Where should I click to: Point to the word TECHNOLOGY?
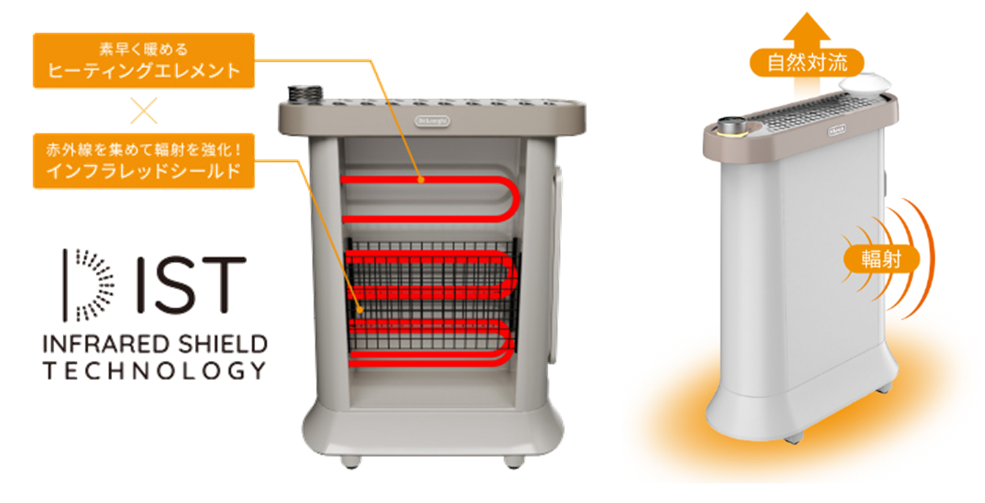click(154, 370)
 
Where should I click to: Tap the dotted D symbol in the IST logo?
click(88, 284)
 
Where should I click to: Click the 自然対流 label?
click(807, 63)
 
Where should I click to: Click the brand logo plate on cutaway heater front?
click(432, 119)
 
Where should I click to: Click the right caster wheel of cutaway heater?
click(512, 462)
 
